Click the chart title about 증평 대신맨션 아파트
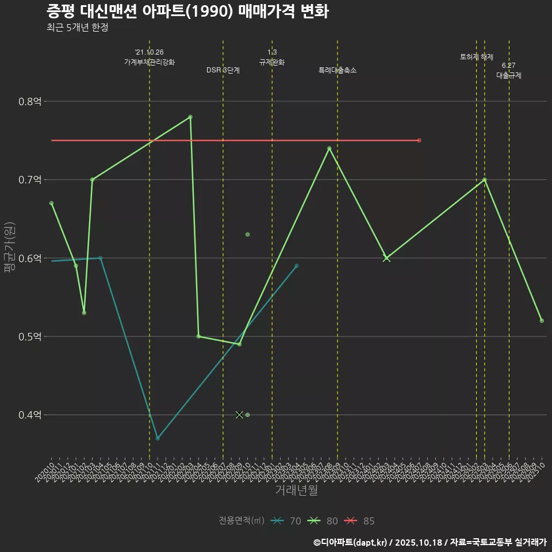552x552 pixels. [x=187, y=11]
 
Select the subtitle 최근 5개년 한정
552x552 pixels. [x=77, y=28]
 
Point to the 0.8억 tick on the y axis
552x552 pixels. [x=30, y=102]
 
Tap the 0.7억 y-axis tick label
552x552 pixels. [x=30, y=180]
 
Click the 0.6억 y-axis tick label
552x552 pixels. [x=30, y=258]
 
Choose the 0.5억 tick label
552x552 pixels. [x=30, y=336]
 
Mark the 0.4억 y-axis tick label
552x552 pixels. [x=30, y=415]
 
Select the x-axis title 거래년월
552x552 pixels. [x=296, y=490]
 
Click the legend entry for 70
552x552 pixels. [x=287, y=521]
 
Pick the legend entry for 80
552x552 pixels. [x=324, y=521]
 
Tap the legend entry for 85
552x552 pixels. [x=360, y=521]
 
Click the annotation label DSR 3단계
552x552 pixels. [x=223, y=70]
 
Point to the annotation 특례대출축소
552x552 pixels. [x=338, y=70]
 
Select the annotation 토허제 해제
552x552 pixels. [x=477, y=57]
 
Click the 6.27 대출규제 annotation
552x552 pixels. [x=509, y=71]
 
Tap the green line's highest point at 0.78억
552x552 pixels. [x=190, y=117]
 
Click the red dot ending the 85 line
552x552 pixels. [x=419, y=140]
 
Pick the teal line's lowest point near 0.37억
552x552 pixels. [x=158, y=438]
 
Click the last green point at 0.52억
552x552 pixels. [x=542, y=321]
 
